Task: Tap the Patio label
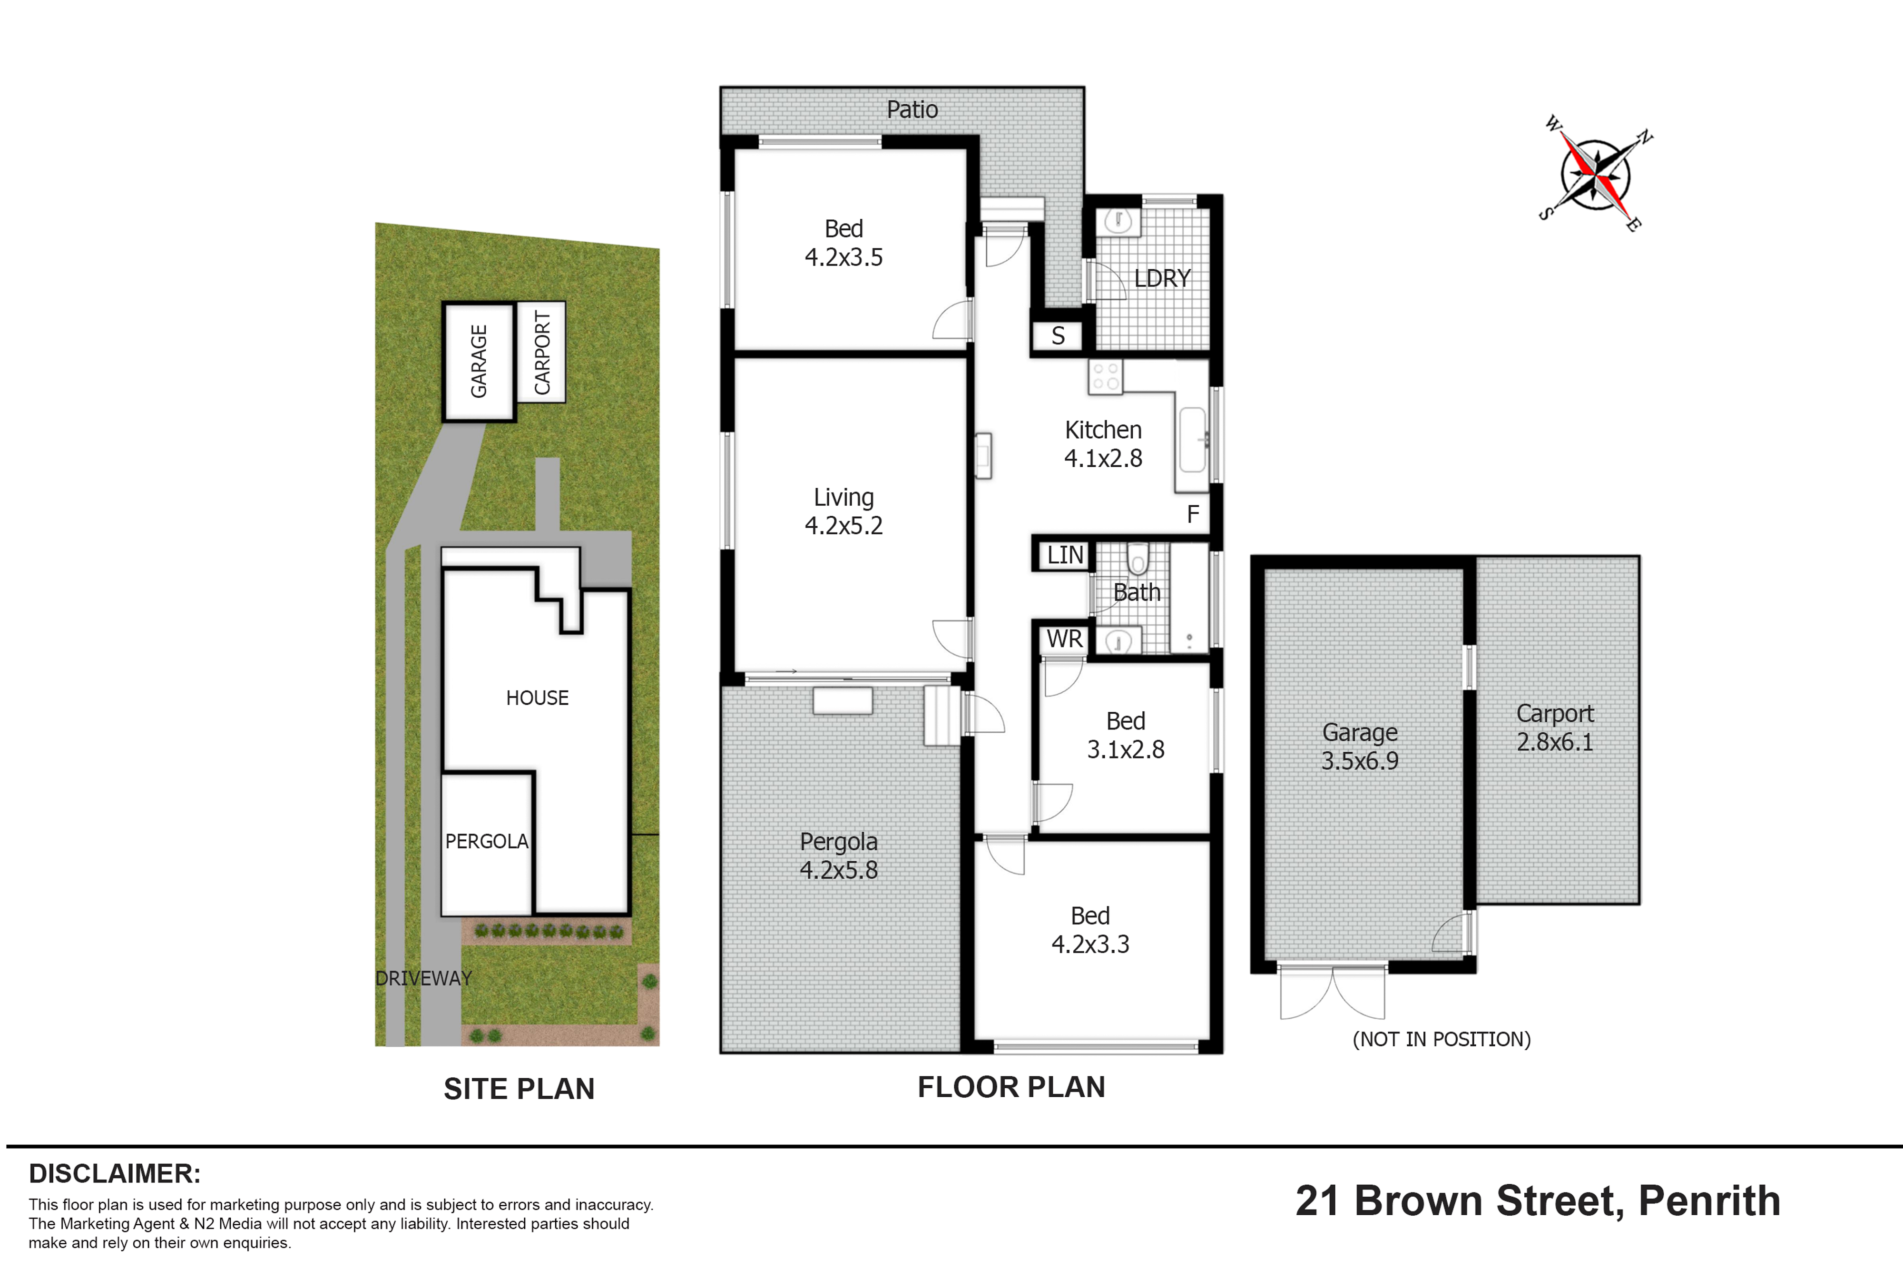(x=912, y=109)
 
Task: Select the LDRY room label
(x=1162, y=278)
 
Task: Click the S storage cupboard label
(x=1058, y=336)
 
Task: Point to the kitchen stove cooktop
(x=1105, y=377)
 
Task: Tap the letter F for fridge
(x=1193, y=514)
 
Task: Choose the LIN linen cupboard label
(x=1065, y=555)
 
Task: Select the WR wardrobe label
(x=1064, y=639)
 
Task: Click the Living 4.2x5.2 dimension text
(x=843, y=512)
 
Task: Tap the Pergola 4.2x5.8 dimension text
(x=838, y=856)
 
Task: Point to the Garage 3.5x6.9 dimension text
(x=1359, y=746)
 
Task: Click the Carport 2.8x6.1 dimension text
(x=1554, y=728)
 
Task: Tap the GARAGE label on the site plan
(x=479, y=361)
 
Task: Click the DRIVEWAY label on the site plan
(x=423, y=978)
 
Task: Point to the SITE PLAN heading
(x=519, y=1089)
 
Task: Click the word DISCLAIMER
(x=115, y=1173)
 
